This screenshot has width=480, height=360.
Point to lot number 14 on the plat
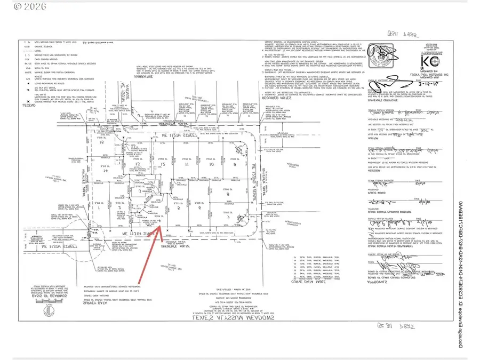click(98, 172)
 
